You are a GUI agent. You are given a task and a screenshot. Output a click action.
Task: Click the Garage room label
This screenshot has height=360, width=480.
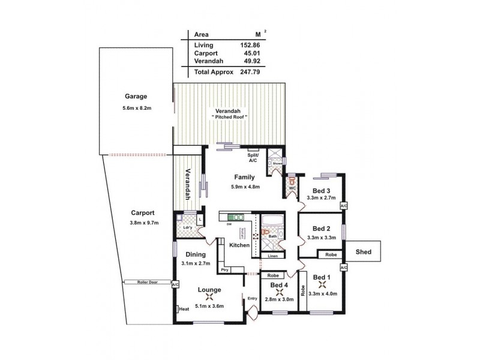coord(136,97)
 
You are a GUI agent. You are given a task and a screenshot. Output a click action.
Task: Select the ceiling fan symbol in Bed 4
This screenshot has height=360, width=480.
coord(278,293)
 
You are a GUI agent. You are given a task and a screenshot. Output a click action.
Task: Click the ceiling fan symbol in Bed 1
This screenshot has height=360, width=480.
coord(325,284)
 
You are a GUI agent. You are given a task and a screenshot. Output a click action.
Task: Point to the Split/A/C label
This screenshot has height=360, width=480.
coord(253,157)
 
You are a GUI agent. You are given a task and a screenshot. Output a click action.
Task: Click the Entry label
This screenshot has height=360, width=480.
coord(252,298)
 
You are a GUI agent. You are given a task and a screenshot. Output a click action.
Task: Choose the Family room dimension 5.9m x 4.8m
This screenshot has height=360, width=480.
coord(244,187)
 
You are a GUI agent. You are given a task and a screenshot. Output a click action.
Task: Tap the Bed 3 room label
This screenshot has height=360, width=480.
coord(322,190)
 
